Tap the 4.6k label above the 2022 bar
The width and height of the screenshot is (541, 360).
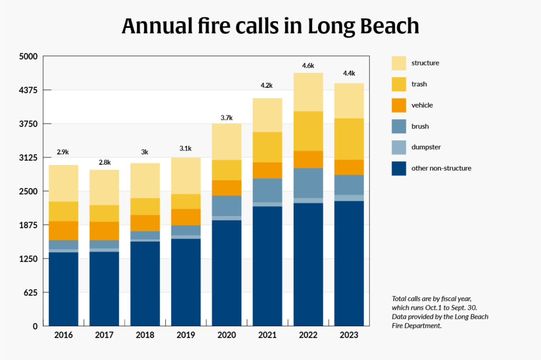tap(308, 65)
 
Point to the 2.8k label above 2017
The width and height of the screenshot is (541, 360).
tap(105, 162)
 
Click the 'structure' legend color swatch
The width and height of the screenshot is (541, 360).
tap(399, 63)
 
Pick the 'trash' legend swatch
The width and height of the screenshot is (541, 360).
tap(399, 84)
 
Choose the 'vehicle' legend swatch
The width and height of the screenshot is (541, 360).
tap(399, 105)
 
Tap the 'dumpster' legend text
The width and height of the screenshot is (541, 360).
tap(426, 147)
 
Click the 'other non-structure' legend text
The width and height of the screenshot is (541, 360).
tap(441, 168)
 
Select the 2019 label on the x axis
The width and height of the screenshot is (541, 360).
tap(186, 335)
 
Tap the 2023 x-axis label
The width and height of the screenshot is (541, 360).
tap(349, 335)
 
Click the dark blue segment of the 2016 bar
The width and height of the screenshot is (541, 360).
tap(63, 289)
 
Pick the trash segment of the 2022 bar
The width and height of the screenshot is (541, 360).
tap(308, 131)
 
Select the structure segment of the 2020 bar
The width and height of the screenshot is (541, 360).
tap(227, 141)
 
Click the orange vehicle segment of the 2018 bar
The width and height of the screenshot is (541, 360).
tap(145, 223)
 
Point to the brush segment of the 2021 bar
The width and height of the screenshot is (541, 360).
tap(267, 190)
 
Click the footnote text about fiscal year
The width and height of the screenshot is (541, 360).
tap(440, 312)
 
